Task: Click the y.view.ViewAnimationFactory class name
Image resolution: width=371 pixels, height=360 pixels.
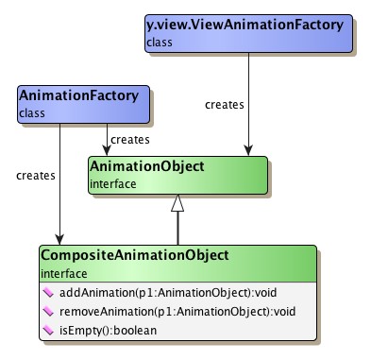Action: (x=244, y=25)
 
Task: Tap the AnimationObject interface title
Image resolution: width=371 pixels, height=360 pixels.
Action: (x=146, y=167)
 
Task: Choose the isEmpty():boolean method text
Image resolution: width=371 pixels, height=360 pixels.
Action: (x=99, y=330)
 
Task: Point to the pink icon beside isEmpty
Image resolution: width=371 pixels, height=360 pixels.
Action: (x=48, y=330)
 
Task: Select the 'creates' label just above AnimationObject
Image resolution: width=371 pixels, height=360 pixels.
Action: (x=129, y=140)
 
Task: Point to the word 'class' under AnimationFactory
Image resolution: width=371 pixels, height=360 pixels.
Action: (x=31, y=113)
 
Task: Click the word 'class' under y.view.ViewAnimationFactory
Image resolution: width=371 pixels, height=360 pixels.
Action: (x=160, y=43)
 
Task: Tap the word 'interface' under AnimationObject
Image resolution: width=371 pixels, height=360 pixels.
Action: (x=112, y=184)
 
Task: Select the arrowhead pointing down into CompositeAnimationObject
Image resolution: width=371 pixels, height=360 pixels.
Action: (x=60, y=239)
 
